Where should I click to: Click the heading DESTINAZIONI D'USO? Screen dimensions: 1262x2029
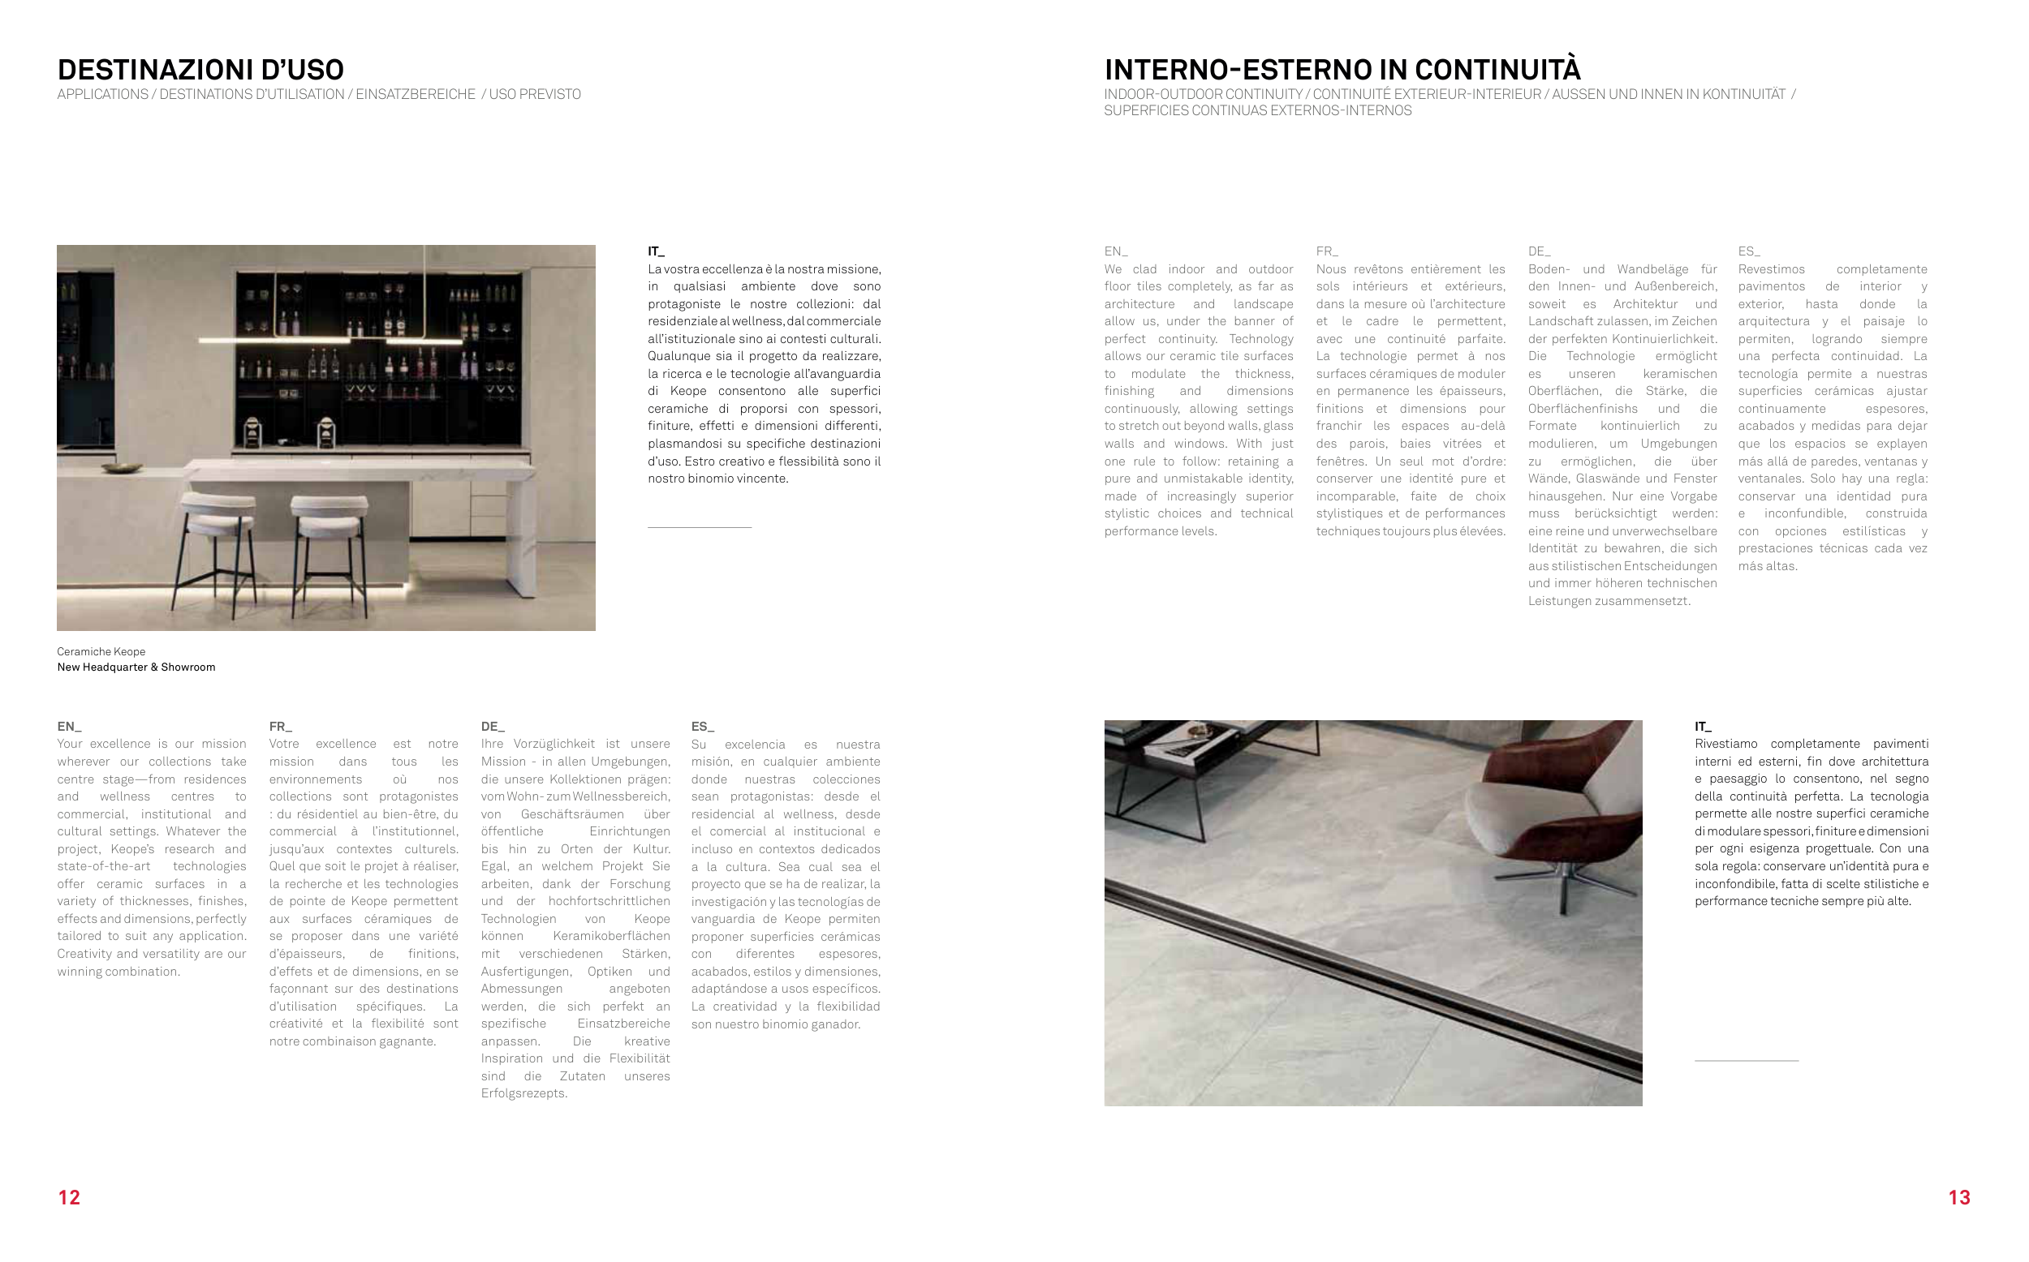(200, 69)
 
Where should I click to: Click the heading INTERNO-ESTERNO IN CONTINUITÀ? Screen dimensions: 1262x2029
(1342, 69)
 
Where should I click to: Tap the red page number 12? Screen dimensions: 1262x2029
(69, 1198)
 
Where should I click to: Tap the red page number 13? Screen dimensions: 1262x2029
(1959, 1198)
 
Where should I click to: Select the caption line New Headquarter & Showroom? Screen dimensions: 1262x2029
(136, 667)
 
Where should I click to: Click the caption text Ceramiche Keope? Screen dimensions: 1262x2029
(101, 652)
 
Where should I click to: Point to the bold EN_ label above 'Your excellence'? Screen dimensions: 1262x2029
(69, 726)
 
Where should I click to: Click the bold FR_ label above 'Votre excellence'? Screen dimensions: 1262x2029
(281, 726)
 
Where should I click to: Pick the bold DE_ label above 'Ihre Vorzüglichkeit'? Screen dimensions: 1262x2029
(493, 726)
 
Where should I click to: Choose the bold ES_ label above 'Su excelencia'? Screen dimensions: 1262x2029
(703, 726)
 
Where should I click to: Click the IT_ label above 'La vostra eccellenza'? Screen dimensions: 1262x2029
(657, 251)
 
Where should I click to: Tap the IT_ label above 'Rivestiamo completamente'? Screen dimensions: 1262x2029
(1704, 726)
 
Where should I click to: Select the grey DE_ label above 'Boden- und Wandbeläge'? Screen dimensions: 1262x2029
(1540, 251)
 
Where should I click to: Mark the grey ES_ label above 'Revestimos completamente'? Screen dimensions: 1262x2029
(1749, 251)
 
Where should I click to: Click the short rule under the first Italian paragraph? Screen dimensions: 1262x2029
(700, 527)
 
